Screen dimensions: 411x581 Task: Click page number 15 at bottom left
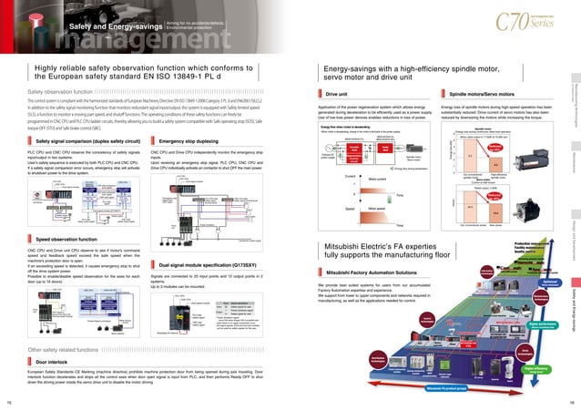pos(8,401)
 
